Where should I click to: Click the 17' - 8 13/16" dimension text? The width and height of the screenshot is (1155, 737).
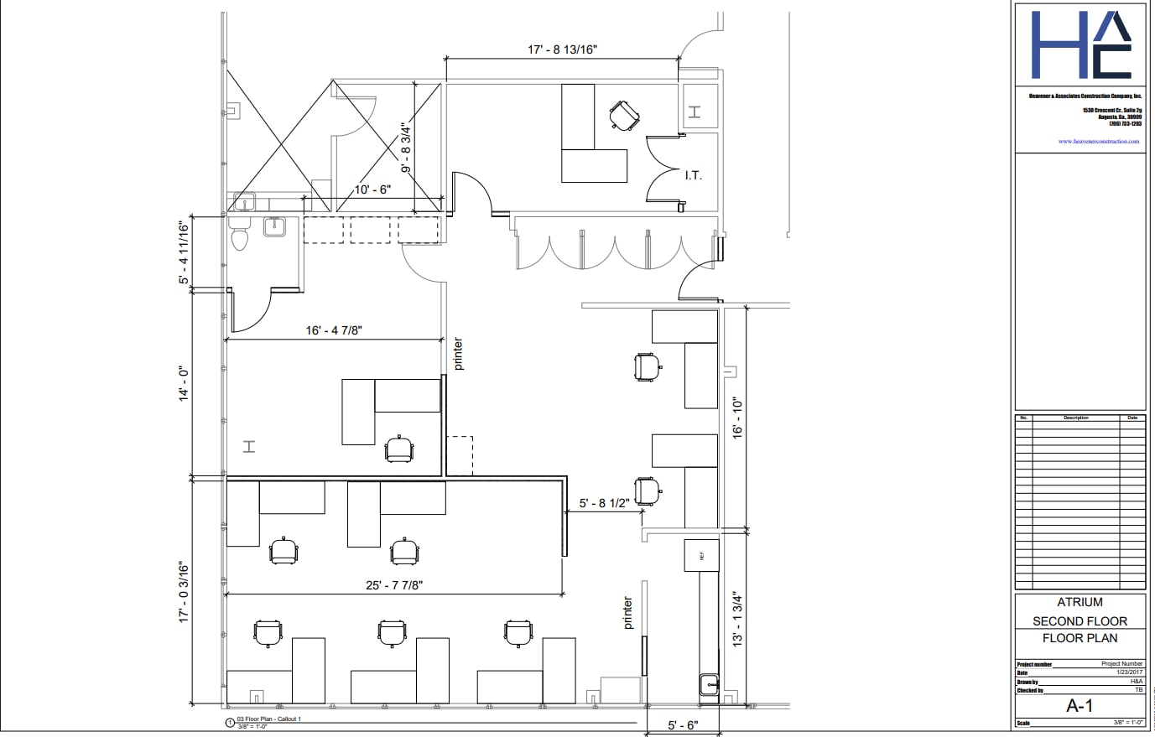click(562, 49)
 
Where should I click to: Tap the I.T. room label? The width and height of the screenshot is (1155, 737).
click(693, 175)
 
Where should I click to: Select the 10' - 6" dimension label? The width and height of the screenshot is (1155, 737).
click(372, 189)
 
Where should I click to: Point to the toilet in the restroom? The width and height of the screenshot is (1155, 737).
click(240, 237)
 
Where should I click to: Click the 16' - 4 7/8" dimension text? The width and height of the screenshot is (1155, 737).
click(334, 330)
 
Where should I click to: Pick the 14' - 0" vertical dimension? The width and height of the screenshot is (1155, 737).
click(185, 386)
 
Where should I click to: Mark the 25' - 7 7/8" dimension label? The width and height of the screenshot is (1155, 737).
click(393, 585)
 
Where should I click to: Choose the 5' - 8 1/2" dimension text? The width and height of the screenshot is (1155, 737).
click(604, 504)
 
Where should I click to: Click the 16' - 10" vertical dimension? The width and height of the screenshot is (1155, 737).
click(738, 418)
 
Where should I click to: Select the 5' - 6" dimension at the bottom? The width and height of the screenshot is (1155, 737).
click(683, 725)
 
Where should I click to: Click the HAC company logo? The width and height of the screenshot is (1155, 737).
click(1080, 45)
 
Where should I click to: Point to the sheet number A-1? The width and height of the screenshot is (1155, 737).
click(1080, 706)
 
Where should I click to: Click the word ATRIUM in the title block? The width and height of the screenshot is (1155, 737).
click(1080, 602)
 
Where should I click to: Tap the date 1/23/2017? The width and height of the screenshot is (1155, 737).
click(1129, 672)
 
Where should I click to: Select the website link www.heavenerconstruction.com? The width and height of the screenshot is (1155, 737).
click(1099, 142)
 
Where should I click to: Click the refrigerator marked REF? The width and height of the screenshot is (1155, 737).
click(702, 555)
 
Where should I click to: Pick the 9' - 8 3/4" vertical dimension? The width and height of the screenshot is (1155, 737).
click(407, 148)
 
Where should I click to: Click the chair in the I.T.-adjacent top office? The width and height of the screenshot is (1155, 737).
click(625, 115)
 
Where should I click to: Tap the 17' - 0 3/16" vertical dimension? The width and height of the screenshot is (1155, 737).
click(185, 591)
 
